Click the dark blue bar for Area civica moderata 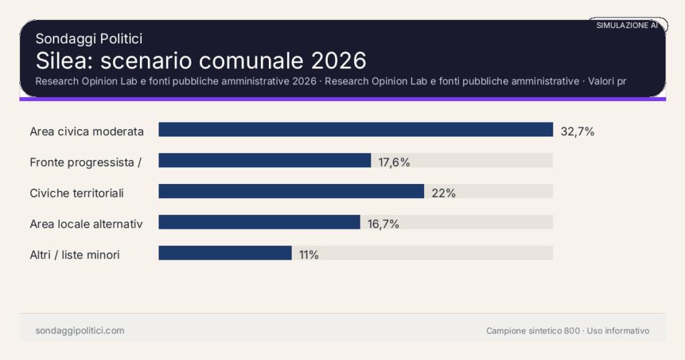[355, 130]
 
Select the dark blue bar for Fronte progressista [264, 161]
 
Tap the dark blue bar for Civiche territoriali [291, 191]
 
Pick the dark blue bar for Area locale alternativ [259, 222]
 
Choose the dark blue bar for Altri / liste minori [225, 253]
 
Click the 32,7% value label [577, 131]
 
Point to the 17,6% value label [394, 162]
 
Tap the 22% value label [444, 193]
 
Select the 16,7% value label [383, 223]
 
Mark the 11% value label [309, 254]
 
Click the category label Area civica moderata [87, 131]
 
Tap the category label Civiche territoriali [77, 193]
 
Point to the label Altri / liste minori [75, 254]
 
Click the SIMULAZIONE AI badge [627, 25]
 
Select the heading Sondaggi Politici [89, 39]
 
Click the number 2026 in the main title [340, 60]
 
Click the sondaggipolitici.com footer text [80, 331]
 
